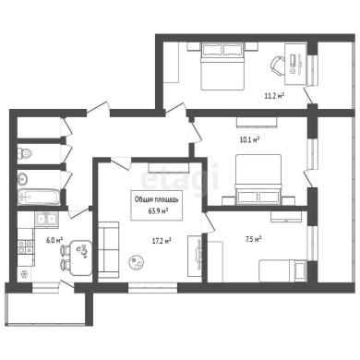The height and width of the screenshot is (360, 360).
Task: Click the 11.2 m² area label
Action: (x=274, y=96)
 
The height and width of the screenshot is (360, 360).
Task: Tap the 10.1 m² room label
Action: (x=248, y=140)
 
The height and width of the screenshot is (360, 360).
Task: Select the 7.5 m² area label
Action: (x=253, y=239)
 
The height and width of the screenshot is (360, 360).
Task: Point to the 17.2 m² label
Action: (x=162, y=241)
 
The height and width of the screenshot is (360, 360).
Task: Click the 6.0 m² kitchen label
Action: (x=54, y=240)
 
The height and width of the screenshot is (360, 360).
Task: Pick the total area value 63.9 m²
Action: (x=157, y=211)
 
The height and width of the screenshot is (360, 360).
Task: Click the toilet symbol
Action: (x=24, y=153)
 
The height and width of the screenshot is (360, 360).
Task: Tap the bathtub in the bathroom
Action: (x=38, y=198)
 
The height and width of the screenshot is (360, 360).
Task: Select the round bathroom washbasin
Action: (x=23, y=178)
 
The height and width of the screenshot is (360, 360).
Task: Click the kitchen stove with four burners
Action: (x=26, y=247)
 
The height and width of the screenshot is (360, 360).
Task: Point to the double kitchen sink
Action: (x=47, y=220)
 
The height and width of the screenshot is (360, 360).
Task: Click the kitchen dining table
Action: (x=81, y=258)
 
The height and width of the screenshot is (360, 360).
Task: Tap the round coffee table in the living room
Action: (x=136, y=262)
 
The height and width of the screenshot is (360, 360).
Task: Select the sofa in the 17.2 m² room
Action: (x=108, y=250)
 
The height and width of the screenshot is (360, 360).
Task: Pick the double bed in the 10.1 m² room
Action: (x=258, y=179)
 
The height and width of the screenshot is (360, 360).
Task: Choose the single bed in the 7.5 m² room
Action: (x=282, y=271)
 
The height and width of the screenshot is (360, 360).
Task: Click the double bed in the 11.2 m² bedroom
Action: (x=222, y=66)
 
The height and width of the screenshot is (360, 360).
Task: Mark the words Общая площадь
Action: (x=157, y=199)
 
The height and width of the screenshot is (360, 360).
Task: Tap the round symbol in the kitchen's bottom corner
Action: (x=24, y=273)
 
